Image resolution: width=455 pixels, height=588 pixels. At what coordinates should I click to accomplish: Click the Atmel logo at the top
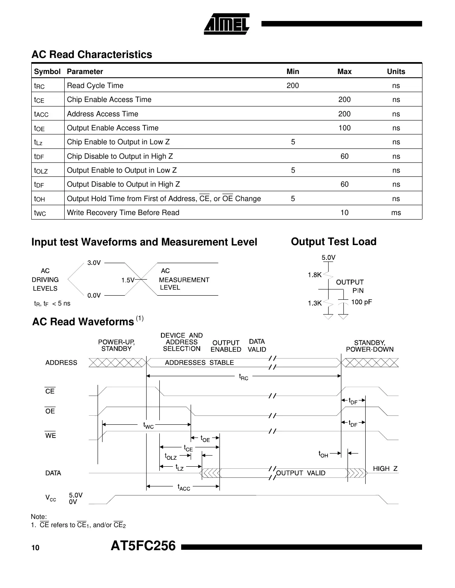point(226,24)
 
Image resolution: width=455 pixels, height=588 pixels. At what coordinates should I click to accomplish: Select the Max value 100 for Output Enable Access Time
point(344,128)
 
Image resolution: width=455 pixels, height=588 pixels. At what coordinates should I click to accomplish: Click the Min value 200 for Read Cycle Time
point(293,86)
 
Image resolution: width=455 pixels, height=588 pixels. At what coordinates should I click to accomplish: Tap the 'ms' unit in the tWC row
point(396,213)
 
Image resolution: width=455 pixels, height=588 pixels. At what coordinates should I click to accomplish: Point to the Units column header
point(396,72)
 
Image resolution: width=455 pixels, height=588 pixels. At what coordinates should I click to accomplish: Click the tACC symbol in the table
point(41,114)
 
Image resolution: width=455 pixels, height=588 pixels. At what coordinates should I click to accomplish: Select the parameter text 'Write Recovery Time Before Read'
point(123,213)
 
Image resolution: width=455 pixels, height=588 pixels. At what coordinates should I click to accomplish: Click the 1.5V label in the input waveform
point(128,280)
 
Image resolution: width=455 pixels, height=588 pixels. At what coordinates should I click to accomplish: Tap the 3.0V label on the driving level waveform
point(94,263)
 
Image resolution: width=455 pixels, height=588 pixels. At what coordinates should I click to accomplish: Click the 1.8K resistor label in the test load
point(315,275)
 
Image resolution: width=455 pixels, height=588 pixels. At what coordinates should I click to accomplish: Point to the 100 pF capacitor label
point(361,302)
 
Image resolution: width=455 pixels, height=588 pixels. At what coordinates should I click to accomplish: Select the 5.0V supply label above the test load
point(328,258)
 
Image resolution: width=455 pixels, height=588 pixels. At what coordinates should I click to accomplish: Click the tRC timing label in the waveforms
point(244,377)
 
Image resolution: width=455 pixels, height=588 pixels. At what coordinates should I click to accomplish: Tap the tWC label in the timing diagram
point(148,426)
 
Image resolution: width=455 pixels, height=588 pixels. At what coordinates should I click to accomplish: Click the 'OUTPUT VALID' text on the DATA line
point(301,473)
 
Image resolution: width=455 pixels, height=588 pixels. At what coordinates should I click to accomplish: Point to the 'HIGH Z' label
point(385,469)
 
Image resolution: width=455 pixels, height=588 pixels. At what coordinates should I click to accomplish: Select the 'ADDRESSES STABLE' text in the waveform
point(199,363)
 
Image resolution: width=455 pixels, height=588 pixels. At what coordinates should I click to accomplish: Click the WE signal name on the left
point(50,436)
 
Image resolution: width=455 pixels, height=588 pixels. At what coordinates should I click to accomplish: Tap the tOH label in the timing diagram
point(323,454)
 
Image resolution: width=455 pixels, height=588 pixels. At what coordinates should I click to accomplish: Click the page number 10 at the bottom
point(35,548)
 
